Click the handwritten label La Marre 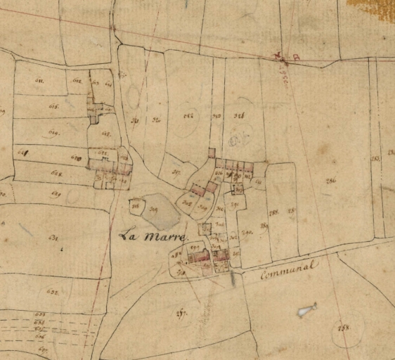pyautogui.click(x=151, y=237)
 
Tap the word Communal pyautogui.click(x=289, y=268)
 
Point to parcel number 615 pyautogui.click(x=53, y=107)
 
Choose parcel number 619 pyautogui.click(x=53, y=132)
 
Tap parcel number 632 pyautogui.click(x=51, y=290)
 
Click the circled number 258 pyautogui.click(x=344, y=328)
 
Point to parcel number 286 pyautogui.click(x=330, y=181)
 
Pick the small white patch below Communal pyautogui.click(x=306, y=309)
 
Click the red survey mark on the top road pyautogui.click(x=283, y=58)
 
